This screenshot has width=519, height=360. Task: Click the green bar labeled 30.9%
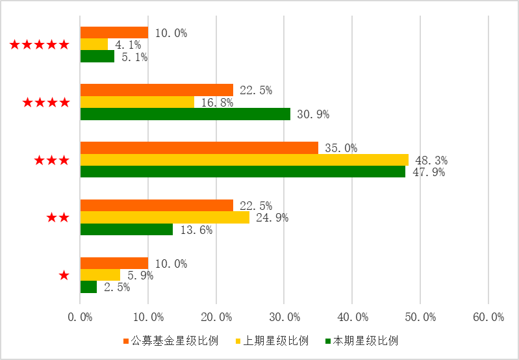pos(185,114)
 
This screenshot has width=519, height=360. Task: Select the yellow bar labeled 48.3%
pos(244,160)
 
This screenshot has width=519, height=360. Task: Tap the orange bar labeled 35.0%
pos(199,148)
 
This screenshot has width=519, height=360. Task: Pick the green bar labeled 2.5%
pos(88,287)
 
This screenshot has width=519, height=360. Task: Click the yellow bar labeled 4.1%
pos(94,45)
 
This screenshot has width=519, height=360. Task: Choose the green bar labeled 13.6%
pos(126,229)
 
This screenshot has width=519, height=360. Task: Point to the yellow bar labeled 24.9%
pos(164,218)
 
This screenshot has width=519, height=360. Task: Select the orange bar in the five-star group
pos(114,32)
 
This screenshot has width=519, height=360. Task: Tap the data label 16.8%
pos(217,103)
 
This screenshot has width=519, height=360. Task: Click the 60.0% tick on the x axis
pos(488,317)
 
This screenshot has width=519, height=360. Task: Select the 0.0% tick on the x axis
pos(80,317)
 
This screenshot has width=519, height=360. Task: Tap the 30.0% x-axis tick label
pos(284,317)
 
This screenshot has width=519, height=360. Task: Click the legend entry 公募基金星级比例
pos(170,341)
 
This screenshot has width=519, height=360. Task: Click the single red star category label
pos(64,276)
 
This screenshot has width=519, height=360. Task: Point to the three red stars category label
pos(51,160)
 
